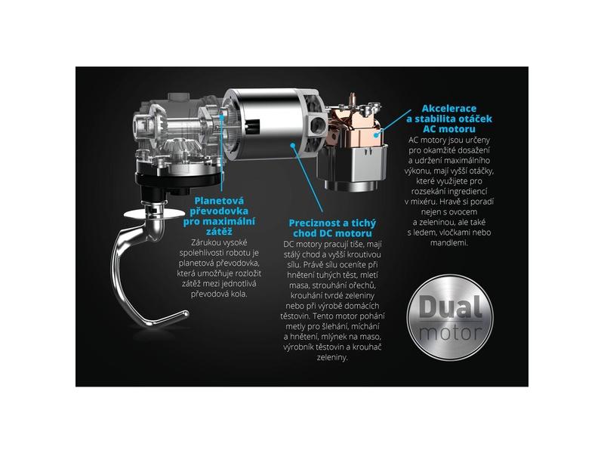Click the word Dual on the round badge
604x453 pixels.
click(x=450, y=307)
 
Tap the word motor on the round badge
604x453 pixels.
click(x=450, y=332)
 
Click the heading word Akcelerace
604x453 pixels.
click(x=448, y=108)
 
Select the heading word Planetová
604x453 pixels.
click(x=219, y=201)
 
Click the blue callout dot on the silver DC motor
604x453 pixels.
click(x=293, y=145)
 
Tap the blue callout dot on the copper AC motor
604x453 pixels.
click(x=377, y=135)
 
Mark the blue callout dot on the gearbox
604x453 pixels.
click(x=221, y=115)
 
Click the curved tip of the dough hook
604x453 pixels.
click(x=185, y=314)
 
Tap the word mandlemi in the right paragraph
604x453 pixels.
click(x=448, y=243)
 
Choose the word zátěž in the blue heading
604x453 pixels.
click(x=219, y=232)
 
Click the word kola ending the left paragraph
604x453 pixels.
click(x=239, y=294)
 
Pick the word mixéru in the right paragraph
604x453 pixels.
click(x=424, y=202)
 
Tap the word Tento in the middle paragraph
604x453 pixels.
click(x=322, y=316)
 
